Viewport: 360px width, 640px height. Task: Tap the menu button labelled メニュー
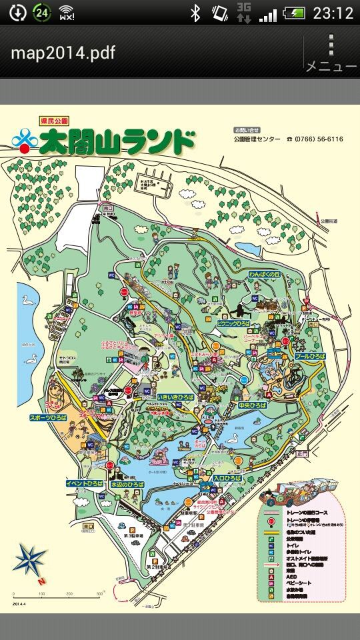(331, 53)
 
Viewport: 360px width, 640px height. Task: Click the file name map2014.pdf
(63, 53)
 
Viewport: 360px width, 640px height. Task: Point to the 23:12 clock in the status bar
(333, 13)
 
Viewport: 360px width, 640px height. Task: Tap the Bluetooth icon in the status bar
(195, 13)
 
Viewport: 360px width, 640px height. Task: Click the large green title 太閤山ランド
(117, 141)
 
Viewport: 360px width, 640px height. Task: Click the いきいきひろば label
(175, 397)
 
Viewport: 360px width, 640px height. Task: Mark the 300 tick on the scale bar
(99, 593)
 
